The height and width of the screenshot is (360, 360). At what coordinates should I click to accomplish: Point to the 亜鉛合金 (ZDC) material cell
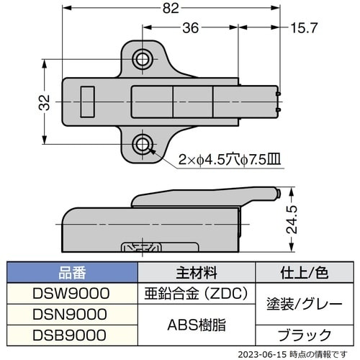tap(193, 294)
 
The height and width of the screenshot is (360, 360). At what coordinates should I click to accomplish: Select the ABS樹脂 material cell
tap(193, 324)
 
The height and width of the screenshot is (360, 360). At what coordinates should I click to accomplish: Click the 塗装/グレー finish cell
tap(302, 304)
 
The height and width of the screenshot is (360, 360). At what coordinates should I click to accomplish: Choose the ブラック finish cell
tap(302, 334)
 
